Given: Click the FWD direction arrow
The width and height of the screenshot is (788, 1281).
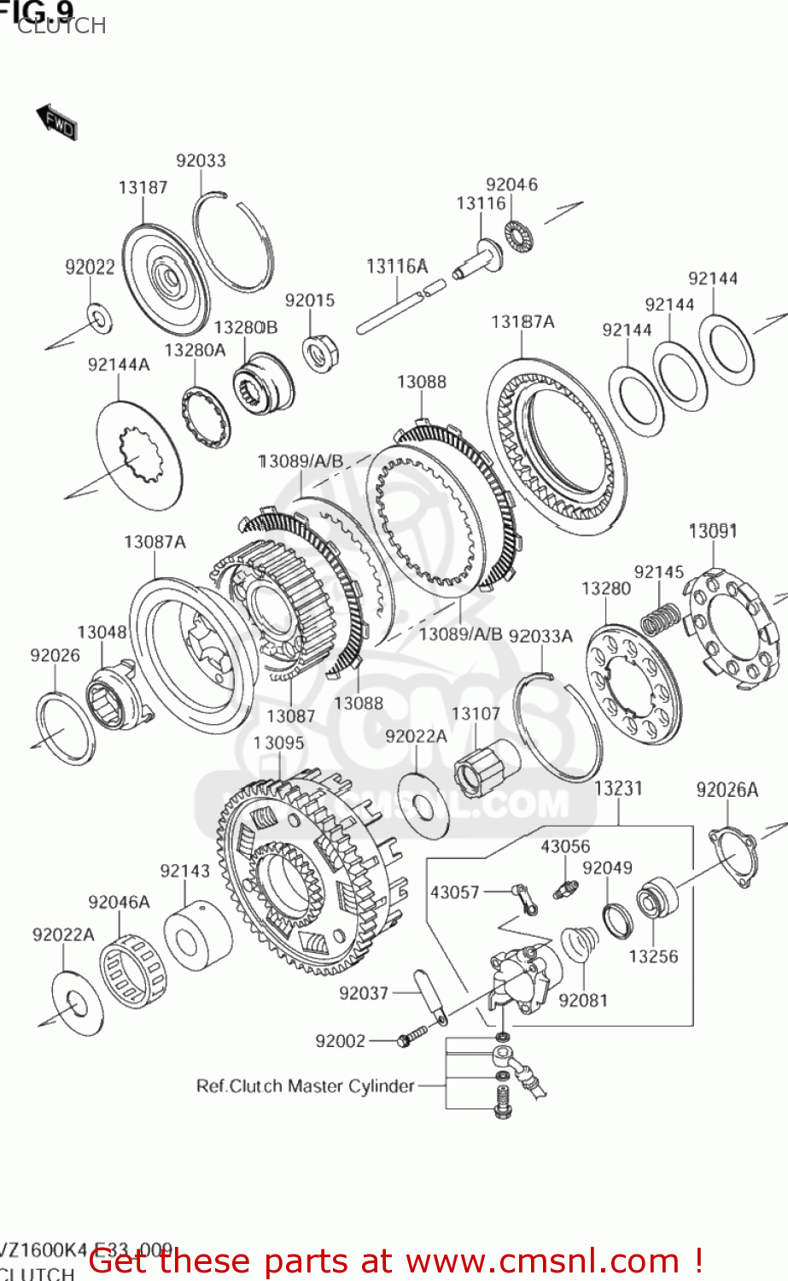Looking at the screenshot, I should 56,123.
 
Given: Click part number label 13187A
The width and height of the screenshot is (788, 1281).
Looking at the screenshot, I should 522,321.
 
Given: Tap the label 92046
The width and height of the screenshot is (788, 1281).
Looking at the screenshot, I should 511,184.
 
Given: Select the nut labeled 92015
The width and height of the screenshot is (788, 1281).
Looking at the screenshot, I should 320,351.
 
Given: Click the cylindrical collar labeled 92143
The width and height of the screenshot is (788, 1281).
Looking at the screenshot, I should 197,939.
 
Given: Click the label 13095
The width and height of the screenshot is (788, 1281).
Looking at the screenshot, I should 278,743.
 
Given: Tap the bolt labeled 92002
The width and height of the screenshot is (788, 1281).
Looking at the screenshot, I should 411,1039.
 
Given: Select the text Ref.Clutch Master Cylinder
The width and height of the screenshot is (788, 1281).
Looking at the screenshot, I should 305,1086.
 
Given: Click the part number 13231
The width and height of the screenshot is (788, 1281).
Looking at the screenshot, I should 618,788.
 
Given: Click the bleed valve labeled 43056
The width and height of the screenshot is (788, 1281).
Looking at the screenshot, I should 563,888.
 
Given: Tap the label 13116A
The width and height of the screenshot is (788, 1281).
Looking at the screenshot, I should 397,266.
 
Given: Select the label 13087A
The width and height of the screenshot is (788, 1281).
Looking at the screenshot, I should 155,541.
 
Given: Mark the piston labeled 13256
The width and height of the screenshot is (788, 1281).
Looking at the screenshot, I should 656,899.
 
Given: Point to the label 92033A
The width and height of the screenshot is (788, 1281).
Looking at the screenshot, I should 540,635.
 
